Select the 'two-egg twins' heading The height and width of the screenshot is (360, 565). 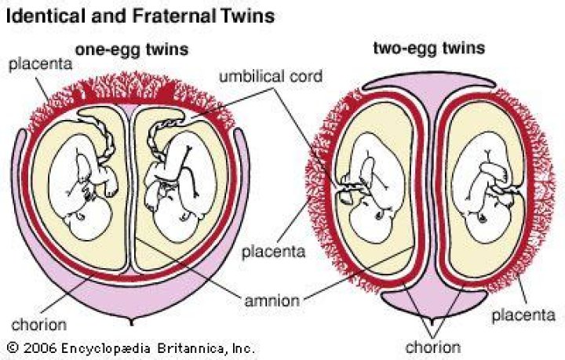click(x=428, y=49)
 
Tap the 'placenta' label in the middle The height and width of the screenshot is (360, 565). click(x=269, y=252)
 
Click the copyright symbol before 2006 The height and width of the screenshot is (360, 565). click(x=12, y=346)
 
